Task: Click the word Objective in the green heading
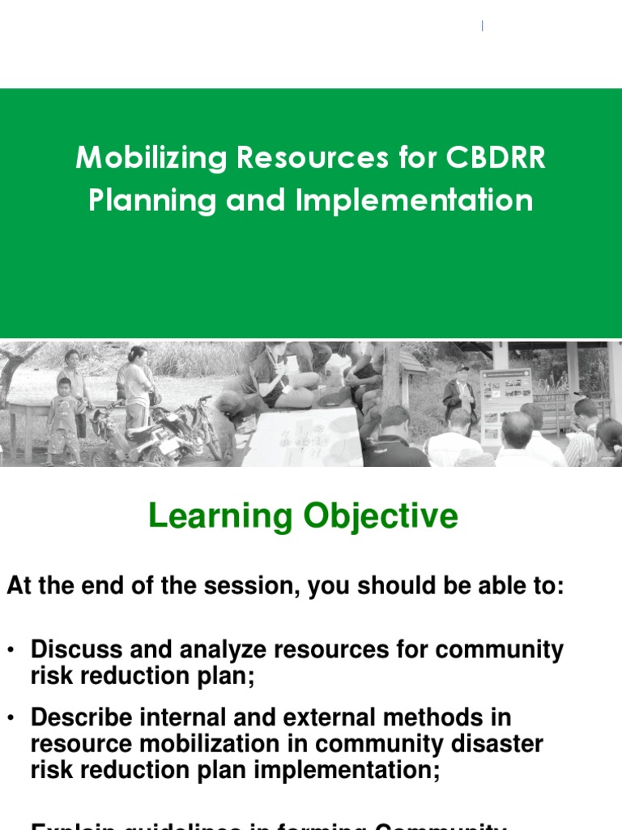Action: pos(381,516)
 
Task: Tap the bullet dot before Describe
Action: pos(11,719)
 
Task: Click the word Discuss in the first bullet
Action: pos(75,650)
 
